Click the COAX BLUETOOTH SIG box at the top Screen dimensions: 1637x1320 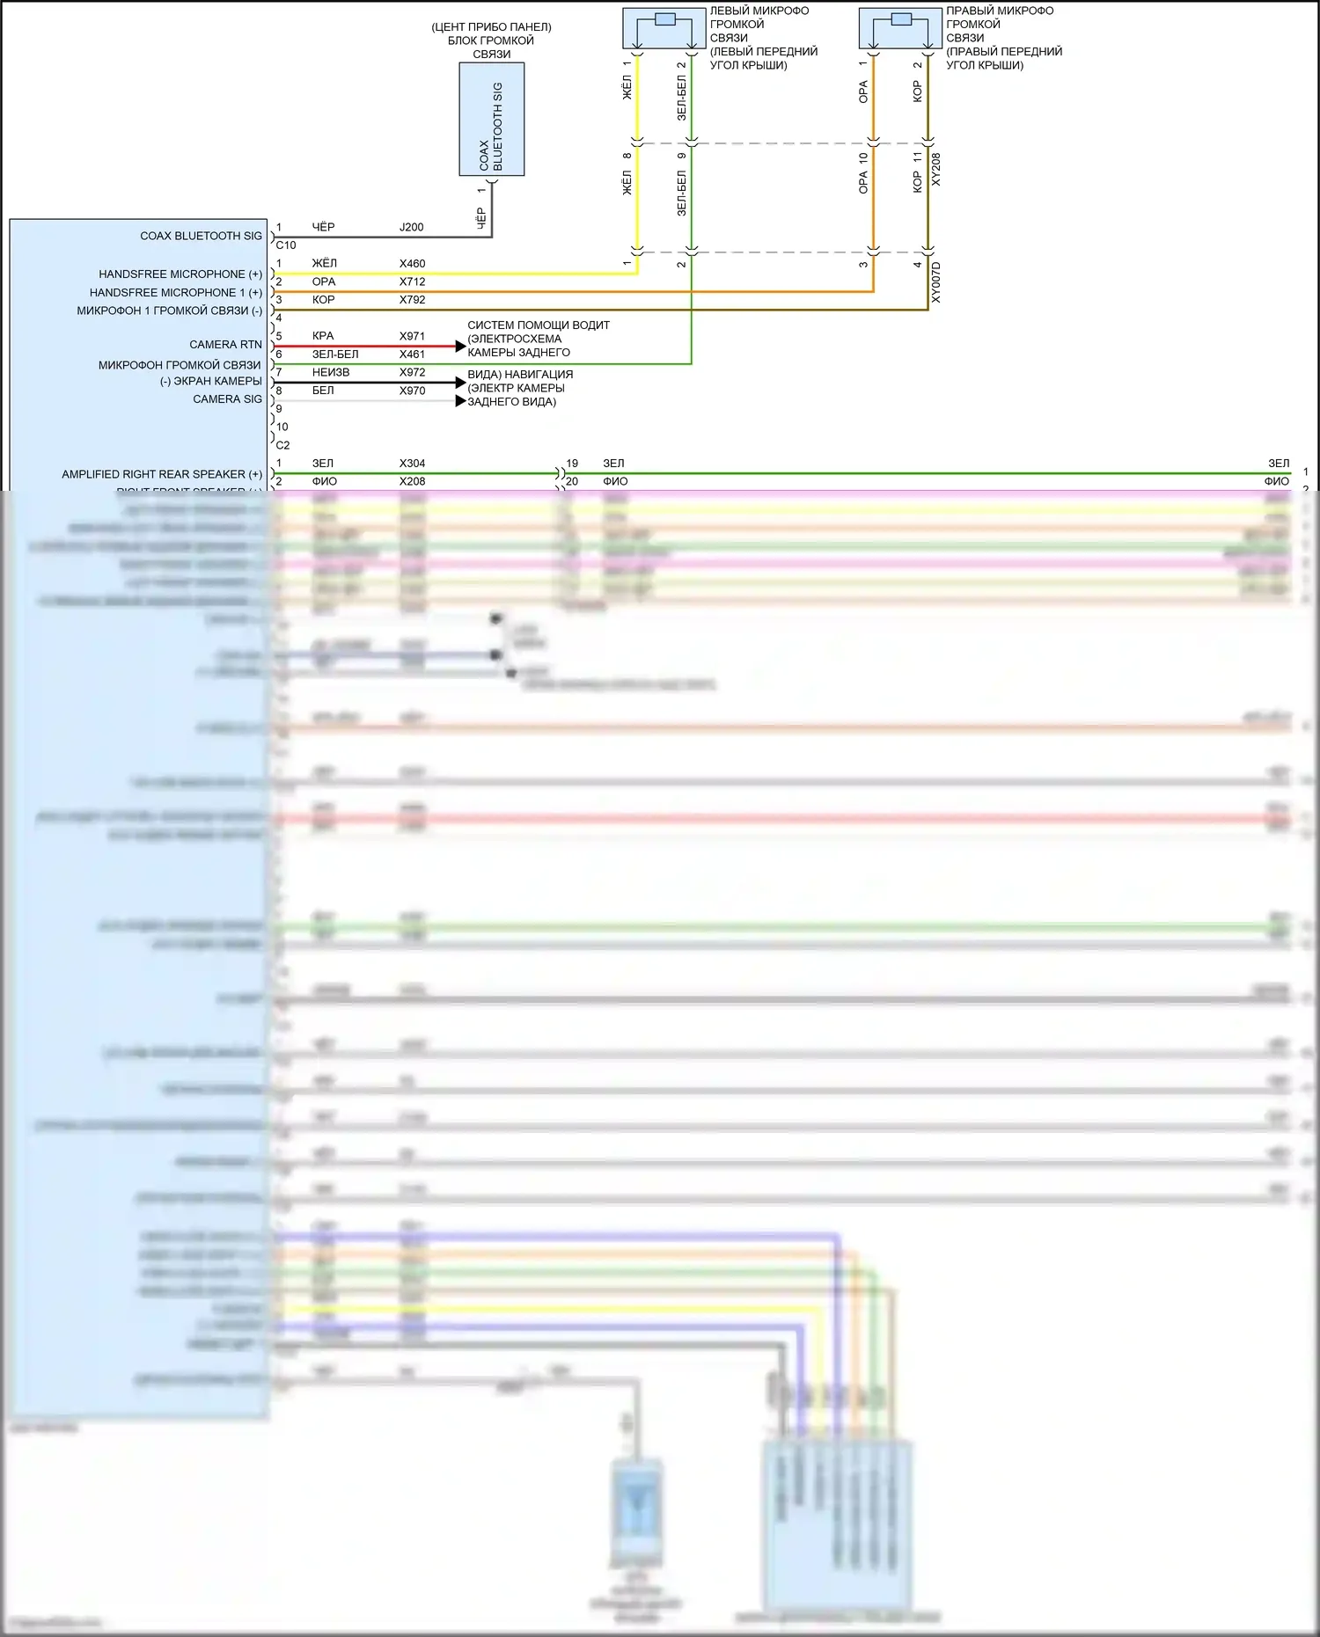coord(491,119)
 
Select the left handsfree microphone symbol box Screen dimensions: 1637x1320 coord(665,28)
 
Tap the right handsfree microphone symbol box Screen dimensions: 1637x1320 coord(900,28)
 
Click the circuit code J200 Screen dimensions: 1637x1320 coord(411,227)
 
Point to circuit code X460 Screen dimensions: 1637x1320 coord(412,263)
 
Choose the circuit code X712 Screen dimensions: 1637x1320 coord(412,281)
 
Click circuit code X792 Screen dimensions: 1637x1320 coord(412,300)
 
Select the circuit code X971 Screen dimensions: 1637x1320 coord(412,336)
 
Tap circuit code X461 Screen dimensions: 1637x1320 coord(412,354)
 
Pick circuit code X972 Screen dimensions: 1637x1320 coord(412,372)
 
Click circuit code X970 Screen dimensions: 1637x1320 coord(412,391)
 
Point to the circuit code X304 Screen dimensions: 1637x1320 coord(412,463)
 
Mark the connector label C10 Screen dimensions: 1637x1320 coord(286,245)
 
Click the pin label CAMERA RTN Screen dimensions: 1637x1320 coord(225,345)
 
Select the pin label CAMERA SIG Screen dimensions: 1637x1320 coord(227,399)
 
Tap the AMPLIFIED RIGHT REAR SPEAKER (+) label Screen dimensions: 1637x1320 coord(162,474)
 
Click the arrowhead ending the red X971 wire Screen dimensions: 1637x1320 coord(460,347)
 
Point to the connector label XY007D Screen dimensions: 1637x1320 coord(935,282)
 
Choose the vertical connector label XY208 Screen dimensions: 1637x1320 coord(935,169)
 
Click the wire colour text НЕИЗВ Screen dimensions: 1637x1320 coord(331,372)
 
